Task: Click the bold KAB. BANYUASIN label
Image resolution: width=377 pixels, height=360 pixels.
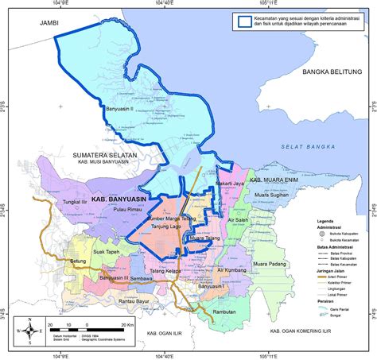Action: pyautogui.click(x=120, y=202)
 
